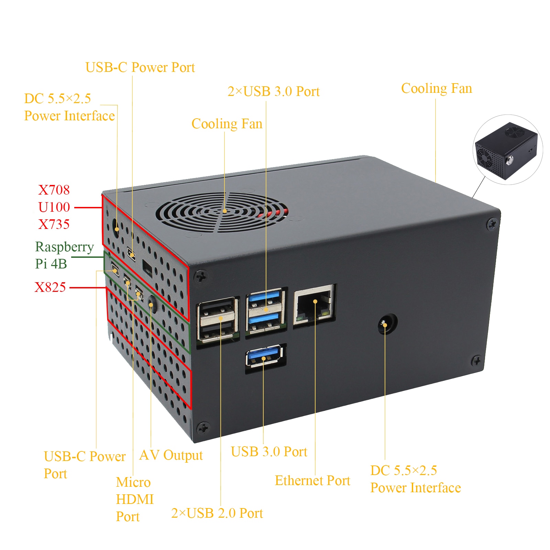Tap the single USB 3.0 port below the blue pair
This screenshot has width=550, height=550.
click(264, 357)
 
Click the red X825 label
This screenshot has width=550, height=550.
click(50, 287)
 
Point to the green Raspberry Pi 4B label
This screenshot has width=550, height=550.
click(64, 255)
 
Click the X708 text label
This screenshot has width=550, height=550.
click(54, 190)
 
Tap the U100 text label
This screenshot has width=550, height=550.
click(54, 207)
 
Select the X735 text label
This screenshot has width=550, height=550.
click(54, 224)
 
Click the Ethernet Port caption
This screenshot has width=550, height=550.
click(312, 481)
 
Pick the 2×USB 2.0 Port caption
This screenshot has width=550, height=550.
click(217, 513)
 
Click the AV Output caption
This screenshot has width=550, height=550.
click(171, 455)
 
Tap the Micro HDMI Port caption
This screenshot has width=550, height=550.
click(134, 499)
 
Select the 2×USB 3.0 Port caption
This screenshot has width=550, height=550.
click(273, 91)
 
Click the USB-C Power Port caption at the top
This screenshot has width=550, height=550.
click(140, 67)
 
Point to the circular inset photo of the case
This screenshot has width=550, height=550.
click(508, 150)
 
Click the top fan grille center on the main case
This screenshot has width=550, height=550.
click(224, 211)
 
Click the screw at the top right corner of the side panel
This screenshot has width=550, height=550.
click(492, 224)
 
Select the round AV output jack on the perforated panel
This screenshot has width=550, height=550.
click(152, 305)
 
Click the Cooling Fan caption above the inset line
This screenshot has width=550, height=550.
click(437, 89)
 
